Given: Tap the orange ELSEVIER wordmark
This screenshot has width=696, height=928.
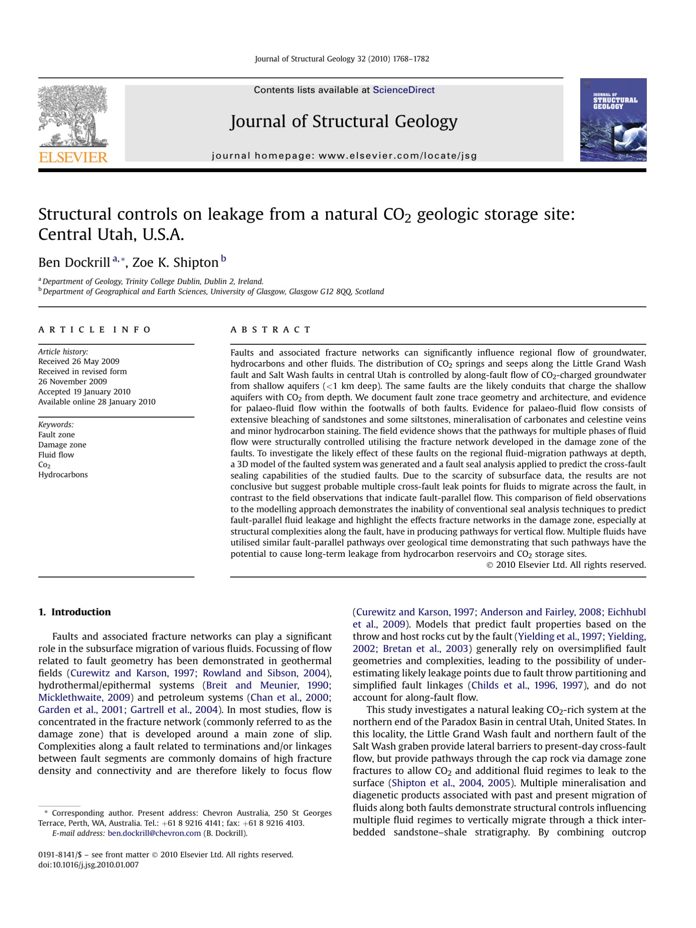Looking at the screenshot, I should tap(73, 157).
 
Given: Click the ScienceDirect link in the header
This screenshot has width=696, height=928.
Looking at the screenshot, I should tap(403, 90).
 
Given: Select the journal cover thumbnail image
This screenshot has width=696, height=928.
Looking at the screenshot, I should tap(613, 120).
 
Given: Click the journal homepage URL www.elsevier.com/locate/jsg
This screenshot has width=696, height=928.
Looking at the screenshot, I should tap(397, 156).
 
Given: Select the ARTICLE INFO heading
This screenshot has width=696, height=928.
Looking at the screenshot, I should tap(94, 329).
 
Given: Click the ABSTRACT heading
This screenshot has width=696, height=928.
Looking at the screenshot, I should tap(270, 329).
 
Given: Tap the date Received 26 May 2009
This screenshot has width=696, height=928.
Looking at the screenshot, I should tap(79, 361).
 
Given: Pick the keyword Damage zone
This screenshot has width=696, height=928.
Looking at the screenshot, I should tap(62, 445).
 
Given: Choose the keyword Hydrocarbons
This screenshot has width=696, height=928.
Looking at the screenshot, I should tap(63, 475).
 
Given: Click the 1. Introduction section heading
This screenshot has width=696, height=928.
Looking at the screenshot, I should tap(75, 612).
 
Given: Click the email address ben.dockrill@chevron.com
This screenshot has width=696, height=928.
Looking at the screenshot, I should tap(154, 833).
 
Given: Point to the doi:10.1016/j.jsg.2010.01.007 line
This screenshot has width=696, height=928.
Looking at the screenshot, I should tap(89, 865).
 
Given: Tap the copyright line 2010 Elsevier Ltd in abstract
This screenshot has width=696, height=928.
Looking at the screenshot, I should tap(566, 565).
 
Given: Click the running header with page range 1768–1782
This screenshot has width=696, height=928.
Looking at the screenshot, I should tap(342, 59).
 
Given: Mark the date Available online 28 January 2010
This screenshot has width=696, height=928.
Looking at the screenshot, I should tap(97, 402).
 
